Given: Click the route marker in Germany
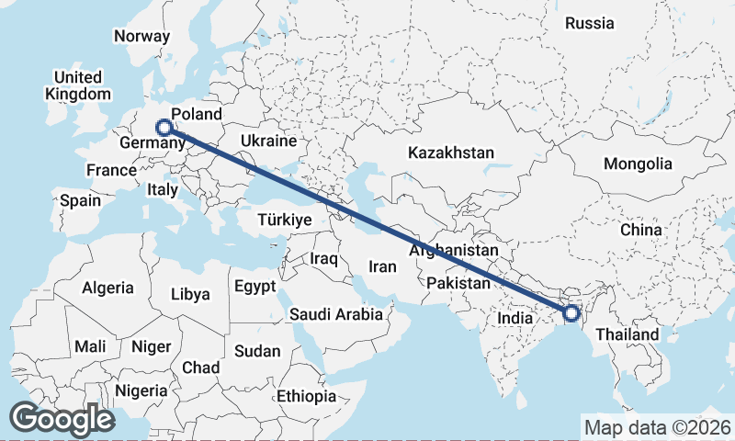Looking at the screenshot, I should point(164,129).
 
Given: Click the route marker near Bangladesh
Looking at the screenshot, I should point(571,313).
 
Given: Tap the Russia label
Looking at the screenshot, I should point(589,23).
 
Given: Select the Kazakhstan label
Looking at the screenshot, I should point(452,153).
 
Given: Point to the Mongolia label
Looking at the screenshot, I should point(638,164).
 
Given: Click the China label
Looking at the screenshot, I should point(640,229).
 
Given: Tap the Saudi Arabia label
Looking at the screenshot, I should point(336,314).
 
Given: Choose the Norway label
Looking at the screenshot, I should point(141,37).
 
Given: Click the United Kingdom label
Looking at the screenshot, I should point(78,85).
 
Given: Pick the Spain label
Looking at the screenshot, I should point(80,199).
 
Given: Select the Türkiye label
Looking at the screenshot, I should point(285,220).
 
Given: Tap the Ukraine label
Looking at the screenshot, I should point(268,141).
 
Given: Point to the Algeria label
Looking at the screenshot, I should point(107,288).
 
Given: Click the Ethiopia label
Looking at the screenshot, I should point(307,397).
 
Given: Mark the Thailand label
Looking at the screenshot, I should point(628,334).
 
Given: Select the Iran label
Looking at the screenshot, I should point(382,266).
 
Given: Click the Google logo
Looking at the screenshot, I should point(62,419).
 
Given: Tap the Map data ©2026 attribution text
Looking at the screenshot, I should point(657,427).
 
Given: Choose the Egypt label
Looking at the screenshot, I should point(254,287).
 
